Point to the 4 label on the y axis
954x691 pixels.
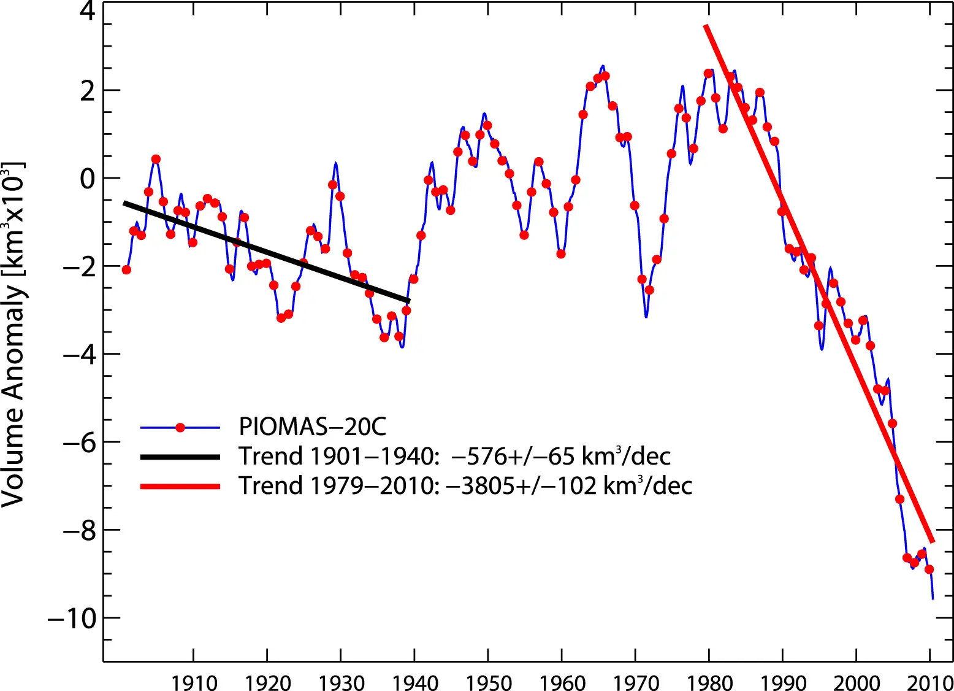tap(88, 12)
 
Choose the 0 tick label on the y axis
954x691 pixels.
tap(88, 179)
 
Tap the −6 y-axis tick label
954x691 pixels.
tap(79, 442)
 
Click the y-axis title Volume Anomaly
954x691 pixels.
tap(13, 334)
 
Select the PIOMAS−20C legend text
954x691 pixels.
tap(313, 427)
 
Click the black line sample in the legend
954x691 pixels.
tap(180, 457)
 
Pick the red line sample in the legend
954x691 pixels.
tap(180, 486)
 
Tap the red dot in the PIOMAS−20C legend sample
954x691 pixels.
tap(180, 428)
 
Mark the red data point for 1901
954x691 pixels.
tap(127, 269)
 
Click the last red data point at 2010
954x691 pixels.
tap(929, 569)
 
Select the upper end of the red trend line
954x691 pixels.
tap(706, 26)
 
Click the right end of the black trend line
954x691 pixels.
tap(408, 300)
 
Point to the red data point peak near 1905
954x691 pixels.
tap(156, 159)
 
